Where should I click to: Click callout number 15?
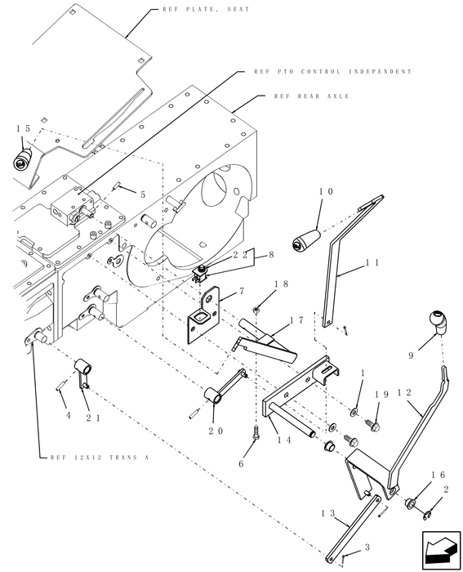coord(23,129)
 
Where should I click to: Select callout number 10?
coord(326,191)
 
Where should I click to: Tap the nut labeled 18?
coord(256,309)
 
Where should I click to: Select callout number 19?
coord(381,395)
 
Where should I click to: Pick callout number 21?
coord(92,418)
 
